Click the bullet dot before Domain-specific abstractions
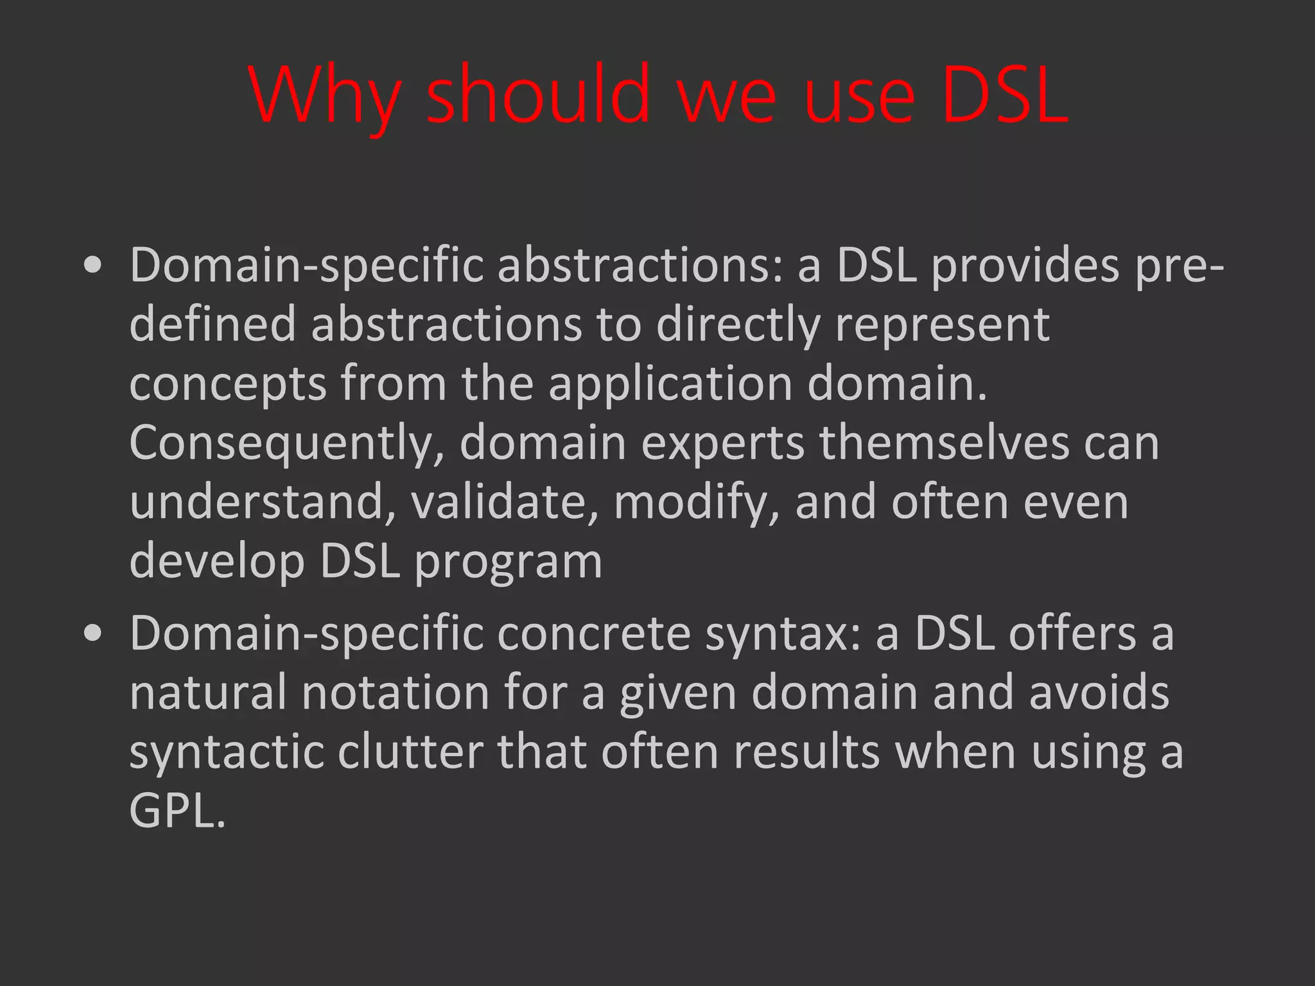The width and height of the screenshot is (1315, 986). pos(93,266)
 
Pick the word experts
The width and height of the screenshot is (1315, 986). pos(722,444)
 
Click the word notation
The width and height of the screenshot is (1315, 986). pos(396,693)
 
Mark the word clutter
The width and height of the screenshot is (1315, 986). pos(411,752)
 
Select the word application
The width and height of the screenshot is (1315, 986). pos(670,384)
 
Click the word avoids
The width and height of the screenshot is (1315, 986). pos(1099,693)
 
